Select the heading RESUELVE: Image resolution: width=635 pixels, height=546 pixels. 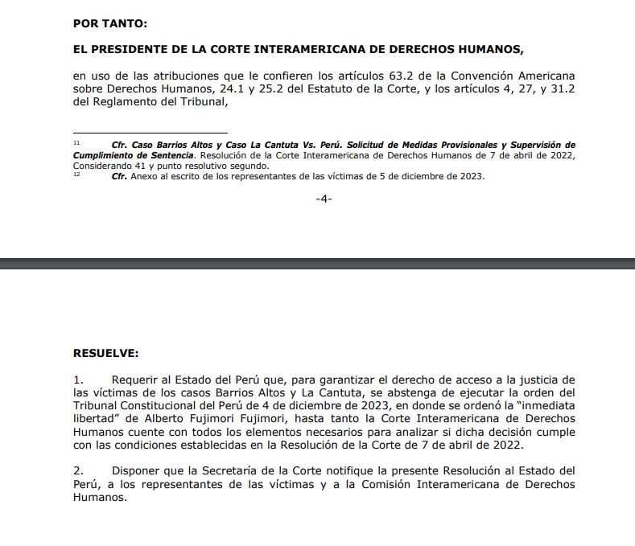(x=105, y=352)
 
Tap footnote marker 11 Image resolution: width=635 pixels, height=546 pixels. (x=76, y=142)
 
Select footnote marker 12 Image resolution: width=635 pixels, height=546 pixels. (x=76, y=174)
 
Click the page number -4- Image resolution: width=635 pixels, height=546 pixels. (x=324, y=199)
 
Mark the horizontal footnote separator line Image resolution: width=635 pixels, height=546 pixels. (x=150, y=133)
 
